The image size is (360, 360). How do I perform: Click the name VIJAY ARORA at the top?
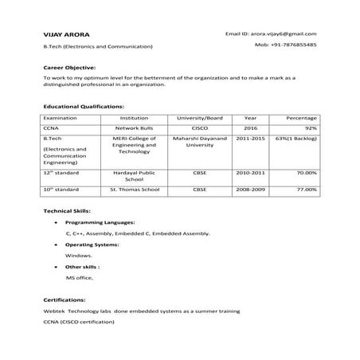(x=66, y=35)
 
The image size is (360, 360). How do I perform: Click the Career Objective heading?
(x=69, y=68)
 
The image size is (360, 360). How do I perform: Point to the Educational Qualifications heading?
(x=84, y=105)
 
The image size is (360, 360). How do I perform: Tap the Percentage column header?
(x=302, y=117)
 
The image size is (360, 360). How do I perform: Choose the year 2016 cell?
(x=251, y=127)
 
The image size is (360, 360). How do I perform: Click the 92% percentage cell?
(x=311, y=127)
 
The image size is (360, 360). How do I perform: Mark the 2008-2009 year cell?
(x=251, y=190)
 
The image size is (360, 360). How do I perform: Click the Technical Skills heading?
(x=67, y=209)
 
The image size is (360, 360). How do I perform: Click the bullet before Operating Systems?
(x=54, y=245)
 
